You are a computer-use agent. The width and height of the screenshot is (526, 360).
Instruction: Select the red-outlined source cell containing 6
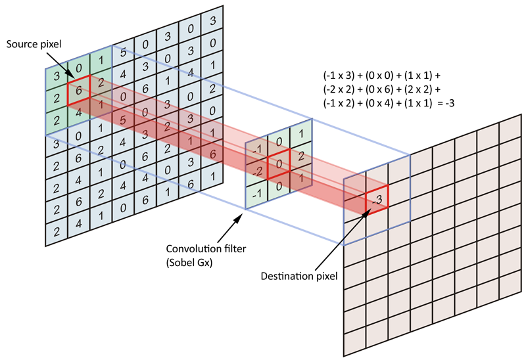click(x=78, y=91)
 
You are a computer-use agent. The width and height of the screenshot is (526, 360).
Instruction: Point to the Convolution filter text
click(x=201, y=249)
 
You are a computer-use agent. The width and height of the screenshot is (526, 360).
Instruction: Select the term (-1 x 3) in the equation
click(x=339, y=75)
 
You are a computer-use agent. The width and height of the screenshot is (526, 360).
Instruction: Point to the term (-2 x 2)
click(x=339, y=89)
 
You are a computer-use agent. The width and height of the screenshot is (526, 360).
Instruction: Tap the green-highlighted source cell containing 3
click(x=57, y=77)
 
